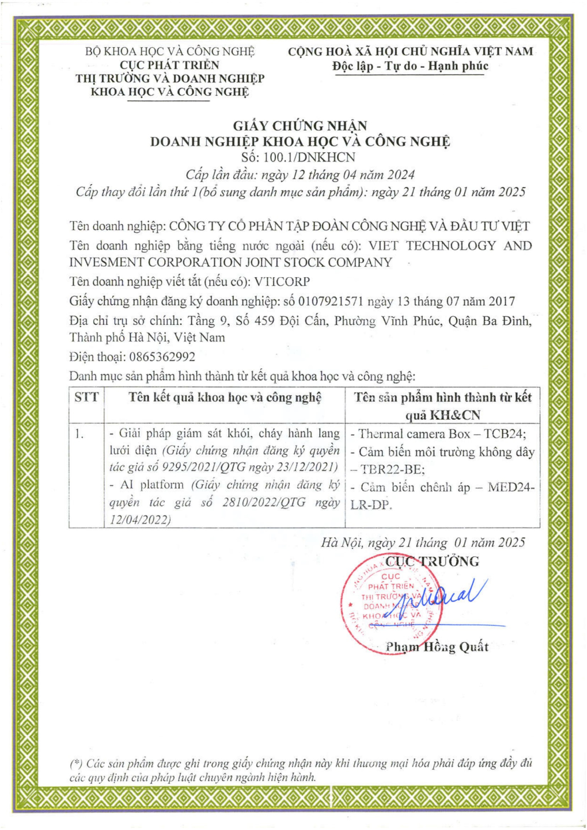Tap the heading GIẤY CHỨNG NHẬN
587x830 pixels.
(x=300, y=126)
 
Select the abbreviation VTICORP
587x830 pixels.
(x=282, y=282)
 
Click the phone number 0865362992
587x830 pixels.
(x=162, y=357)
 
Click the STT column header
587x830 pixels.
(x=86, y=397)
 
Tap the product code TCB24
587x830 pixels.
(x=504, y=434)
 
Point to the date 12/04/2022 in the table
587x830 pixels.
(x=140, y=519)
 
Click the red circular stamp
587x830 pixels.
(x=391, y=603)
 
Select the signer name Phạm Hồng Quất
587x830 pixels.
(x=437, y=647)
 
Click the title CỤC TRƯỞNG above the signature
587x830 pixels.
(x=432, y=562)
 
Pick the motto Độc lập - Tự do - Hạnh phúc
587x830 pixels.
(x=410, y=66)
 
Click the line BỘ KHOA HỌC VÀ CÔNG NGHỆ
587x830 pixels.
(x=169, y=51)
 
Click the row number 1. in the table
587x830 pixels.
(x=79, y=434)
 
